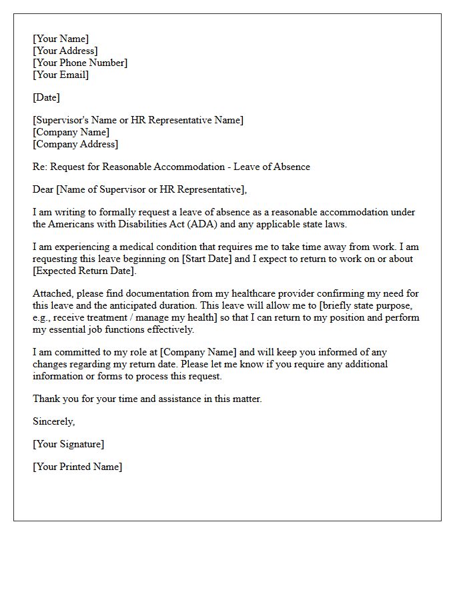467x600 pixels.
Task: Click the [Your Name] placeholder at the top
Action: [x=61, y=39]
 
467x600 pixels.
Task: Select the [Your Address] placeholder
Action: [x=65, y=51]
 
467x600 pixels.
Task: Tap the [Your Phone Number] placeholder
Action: [x=80, y=63]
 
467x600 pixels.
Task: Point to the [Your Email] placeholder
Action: [x=61, y=75]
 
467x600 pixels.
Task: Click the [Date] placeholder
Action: [x=46, y=97]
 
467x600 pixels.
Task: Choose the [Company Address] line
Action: [x=75, y=144]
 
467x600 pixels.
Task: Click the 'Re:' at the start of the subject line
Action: [x=40, y=167]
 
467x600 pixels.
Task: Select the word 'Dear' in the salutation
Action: [x=43, y=189]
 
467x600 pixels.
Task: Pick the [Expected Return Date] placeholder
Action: [x=84, y=271]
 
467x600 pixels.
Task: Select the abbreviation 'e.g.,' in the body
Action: [x=43, y=317]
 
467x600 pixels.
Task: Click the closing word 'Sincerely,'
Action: [x=54, y=421]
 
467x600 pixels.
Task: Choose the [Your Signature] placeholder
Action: [x=68, y=444]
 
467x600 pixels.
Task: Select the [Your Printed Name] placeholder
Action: [x=77, y=467]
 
